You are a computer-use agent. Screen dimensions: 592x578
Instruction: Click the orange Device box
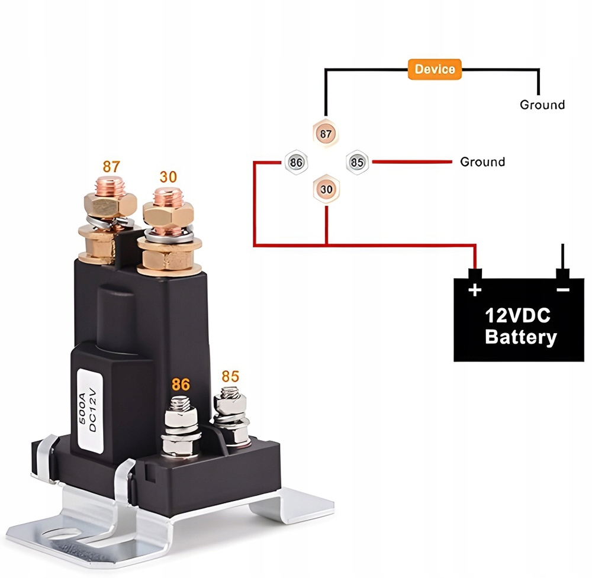pyautogui.click(x=435, y=69)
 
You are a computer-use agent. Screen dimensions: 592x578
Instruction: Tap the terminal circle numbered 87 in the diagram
pyautogui.click(x=326, y=134)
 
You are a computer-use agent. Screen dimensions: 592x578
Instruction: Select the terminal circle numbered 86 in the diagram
pyautogui.click(x=296, y=162)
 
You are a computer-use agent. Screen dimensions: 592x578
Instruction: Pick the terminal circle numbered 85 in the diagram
pyautogui.click(x=357, y=162)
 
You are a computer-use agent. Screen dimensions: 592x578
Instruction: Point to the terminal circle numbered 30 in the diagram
pyautogui.click(x=326, y=189)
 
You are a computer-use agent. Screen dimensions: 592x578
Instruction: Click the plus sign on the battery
pyautogui.click(x=475, y=290)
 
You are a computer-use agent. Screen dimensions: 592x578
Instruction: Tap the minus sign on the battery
pyautogui.click(x=562, y=290)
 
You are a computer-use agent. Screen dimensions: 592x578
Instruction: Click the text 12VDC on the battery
pyautogui.click(x=517, y=315)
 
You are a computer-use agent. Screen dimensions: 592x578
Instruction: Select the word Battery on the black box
pyautogui.click(x=520, y=337)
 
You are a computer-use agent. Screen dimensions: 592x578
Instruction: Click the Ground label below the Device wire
pyautogui.click(x=542, y=105)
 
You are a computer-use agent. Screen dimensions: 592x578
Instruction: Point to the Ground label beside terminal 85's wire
pyautogui.click(x=482, y=162)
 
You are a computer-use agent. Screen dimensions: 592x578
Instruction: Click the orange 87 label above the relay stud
pyautogui.click(x=111, y=166)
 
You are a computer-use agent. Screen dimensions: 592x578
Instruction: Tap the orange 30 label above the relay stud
pyautogui.click(x=168, y=176)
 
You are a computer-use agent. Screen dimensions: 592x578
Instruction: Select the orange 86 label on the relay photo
pyautogui.click(x=181, y=385)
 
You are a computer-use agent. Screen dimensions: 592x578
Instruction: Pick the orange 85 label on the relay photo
pyautogui.click(x=230, y=376)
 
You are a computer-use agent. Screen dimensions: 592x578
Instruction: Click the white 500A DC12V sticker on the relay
pyautogui.click(x=90, y=411)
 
